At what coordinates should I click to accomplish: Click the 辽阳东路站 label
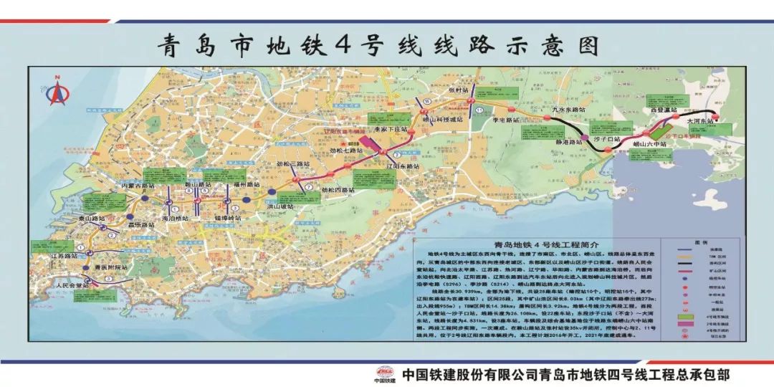tap(403, 166)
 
